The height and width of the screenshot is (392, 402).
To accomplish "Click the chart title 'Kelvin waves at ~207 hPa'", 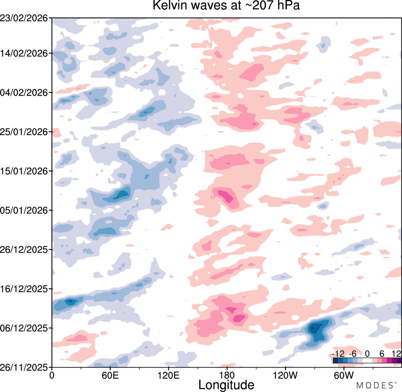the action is [x=226, y=5].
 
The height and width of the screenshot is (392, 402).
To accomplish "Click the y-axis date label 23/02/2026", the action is [x=24, y=18].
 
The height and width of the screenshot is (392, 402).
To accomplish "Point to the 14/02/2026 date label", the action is [x=24, y=53].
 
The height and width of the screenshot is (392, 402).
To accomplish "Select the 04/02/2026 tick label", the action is [x=24, y=93].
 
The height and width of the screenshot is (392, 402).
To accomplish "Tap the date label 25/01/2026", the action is [x=24, y=132].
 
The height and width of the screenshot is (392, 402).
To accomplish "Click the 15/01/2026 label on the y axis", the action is [x=24, y=171].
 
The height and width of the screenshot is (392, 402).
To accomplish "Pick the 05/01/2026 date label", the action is [x=24, y=210].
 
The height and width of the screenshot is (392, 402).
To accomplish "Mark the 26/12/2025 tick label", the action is [x=24, y=250].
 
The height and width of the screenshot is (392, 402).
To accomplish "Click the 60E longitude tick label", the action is [x=110, y=375].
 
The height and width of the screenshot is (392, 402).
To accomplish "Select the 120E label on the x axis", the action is [x=169, y=375].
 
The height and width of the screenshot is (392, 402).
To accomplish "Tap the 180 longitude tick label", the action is [x=227, y=375].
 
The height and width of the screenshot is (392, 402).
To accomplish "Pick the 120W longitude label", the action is [x=285, y=375].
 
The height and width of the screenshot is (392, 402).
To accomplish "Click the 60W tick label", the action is [x=344, y=375].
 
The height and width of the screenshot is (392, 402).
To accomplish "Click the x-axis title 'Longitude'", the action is [x=226, y=384].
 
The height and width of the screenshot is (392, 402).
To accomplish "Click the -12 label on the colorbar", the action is [x=338, y=354].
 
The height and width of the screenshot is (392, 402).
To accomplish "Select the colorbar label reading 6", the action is [x=382, y=354].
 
